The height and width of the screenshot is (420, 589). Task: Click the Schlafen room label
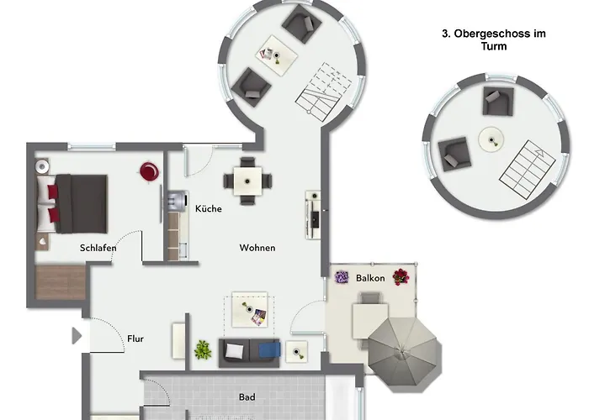pos(98,248)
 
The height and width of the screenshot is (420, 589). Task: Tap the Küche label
pos(208,208)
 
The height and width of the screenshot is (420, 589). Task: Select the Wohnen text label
pos(257,248)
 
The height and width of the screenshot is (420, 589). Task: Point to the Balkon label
pos(370,277)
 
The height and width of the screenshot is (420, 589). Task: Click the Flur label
pos(135,339)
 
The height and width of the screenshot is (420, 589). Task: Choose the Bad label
pos(247,397)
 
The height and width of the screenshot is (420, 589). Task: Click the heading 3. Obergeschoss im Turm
pos(493,40)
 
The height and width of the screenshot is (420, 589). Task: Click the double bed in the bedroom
pos(77,203)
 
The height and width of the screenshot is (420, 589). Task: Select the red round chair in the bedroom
pos(149,171)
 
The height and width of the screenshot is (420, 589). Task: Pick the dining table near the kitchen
pos(248,180)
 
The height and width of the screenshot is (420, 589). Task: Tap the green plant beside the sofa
pos(203,349)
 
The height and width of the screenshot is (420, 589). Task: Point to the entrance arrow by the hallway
pos(77,336)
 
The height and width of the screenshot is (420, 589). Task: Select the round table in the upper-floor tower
pos(490,139)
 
